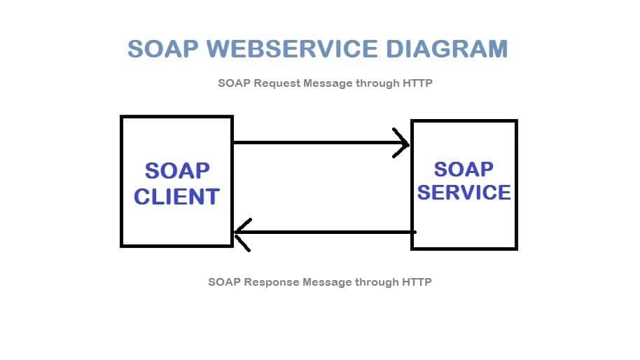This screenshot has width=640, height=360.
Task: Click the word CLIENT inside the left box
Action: click(x=176, y=197)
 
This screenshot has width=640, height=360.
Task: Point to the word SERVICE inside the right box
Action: click(x=464, y=192)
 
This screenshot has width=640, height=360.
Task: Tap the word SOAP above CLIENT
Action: click(x=176, y=171)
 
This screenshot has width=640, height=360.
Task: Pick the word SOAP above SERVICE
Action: click(x=464, y=169)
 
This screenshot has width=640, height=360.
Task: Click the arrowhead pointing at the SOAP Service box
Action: click(x=403, y=144)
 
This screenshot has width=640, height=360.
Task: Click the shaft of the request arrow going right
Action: click(x=315, y=143)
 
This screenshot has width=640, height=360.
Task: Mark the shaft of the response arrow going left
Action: click(x=329, y=232)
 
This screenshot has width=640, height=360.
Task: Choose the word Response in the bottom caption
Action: click(x=270, y=282)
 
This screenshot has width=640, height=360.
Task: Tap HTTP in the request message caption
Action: click(x=417, y=83)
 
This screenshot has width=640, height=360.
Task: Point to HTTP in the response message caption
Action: click(x=417, y=282)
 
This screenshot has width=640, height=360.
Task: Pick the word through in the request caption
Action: click(x=377, y=83)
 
